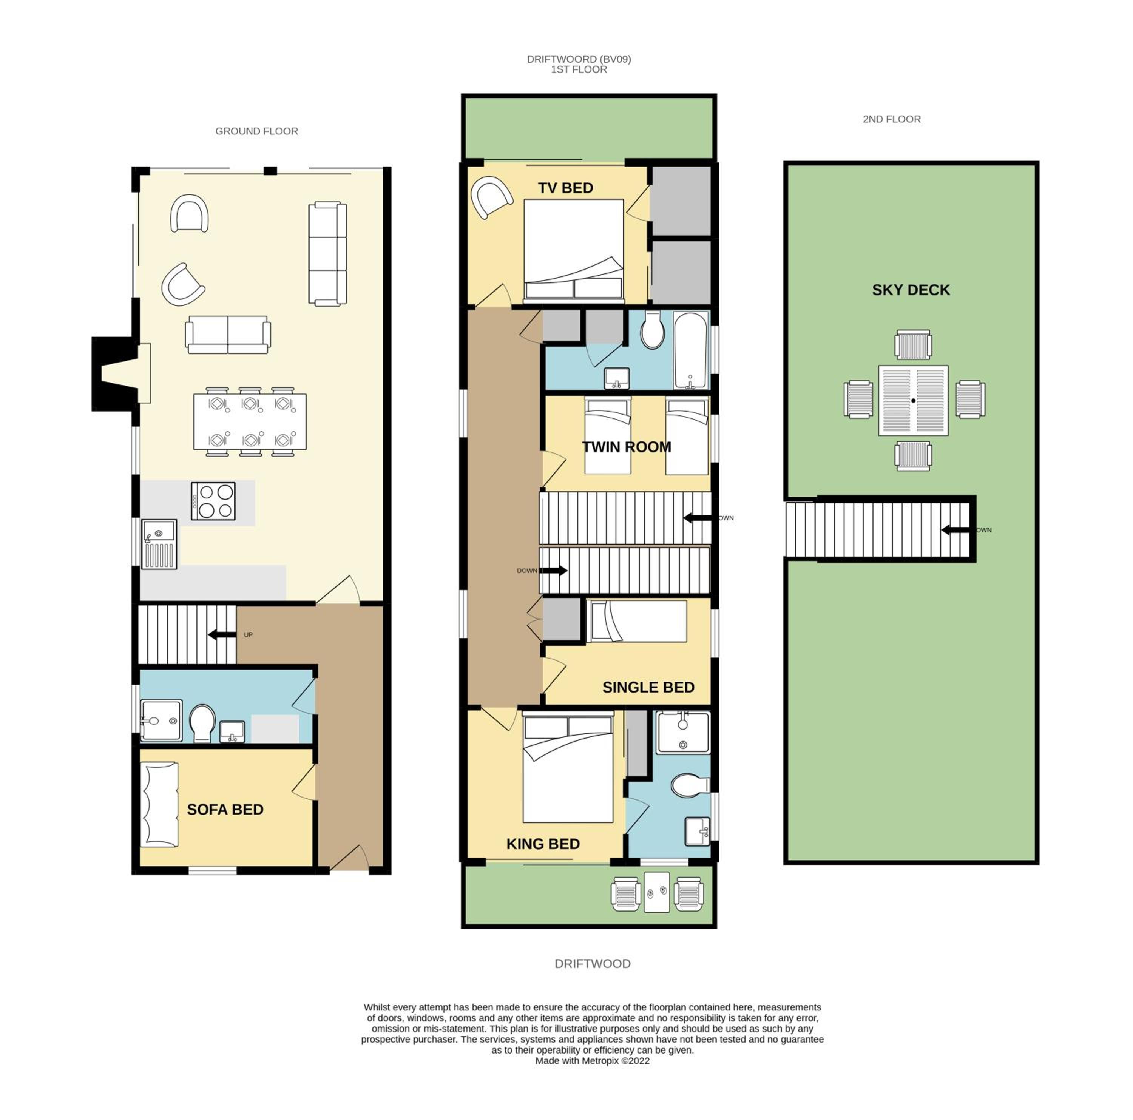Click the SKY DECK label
pyautogui.click(x=910, y=290)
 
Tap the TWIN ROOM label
pyautogui.click(x=626, y=447)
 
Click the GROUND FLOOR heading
pyautogui.click(x=256, y=131)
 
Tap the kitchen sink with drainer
pyautogui.click(x=159, y=544)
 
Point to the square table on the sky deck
pyautogui.click(x=913, y=401)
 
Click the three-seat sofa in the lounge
pyautogui.click(x=327, y=253)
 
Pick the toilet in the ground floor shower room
pyautogui.click(x=202, y=722)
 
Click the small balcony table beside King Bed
pyautogui.click(x=656, y=892)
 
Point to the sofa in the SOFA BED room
pyautogui.click(x=159, y=804)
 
